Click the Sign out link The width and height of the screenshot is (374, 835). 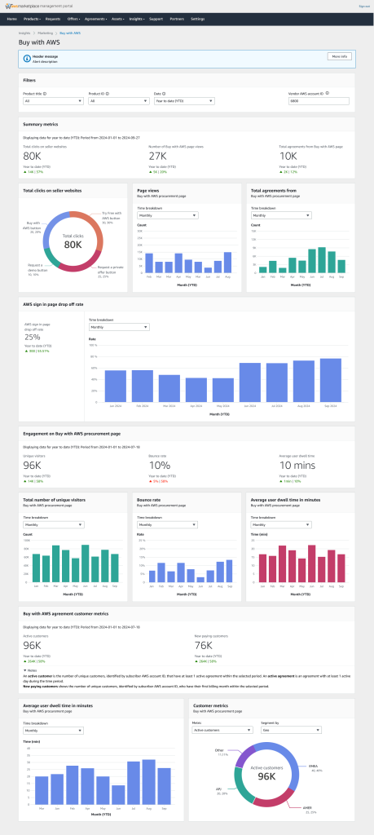363,6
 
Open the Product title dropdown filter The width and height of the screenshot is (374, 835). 52,101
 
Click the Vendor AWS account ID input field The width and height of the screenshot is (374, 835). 319,101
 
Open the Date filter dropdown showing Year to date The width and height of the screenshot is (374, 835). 183,101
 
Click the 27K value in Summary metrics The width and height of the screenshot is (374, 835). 157,155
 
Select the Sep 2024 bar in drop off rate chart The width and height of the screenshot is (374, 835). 330,380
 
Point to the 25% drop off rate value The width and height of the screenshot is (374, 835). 33,336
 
